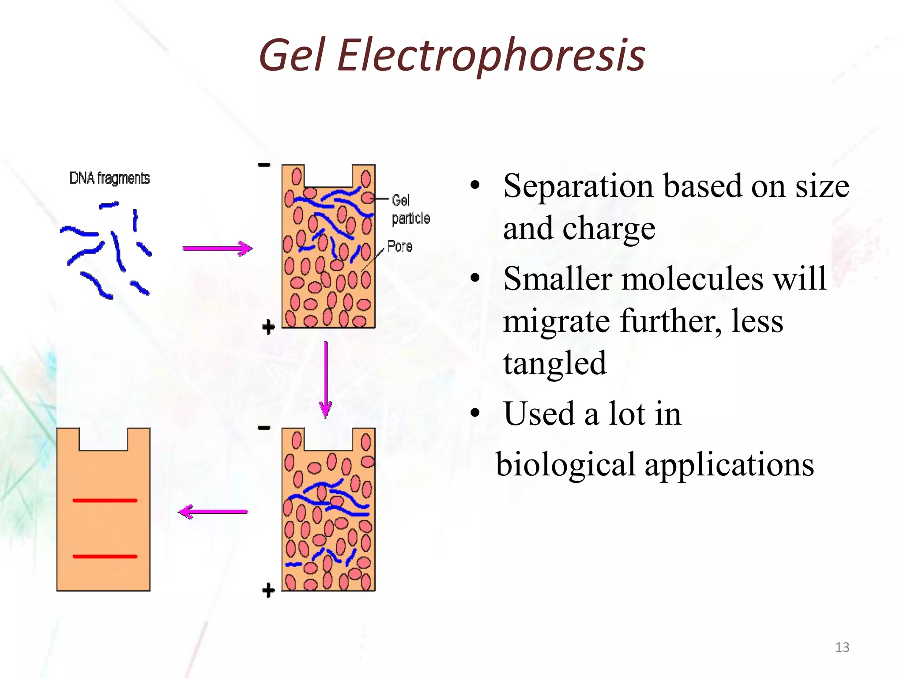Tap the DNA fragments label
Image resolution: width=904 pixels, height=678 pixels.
[109, 178]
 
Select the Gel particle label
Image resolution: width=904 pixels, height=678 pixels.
[410, 210]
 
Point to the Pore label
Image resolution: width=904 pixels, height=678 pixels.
[399, 246]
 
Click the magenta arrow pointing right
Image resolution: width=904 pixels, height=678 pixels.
[217, 249]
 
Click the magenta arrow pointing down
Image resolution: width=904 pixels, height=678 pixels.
[326, 380]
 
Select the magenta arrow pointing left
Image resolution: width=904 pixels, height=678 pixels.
[213, 512]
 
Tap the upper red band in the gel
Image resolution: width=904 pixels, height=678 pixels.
[105, 501]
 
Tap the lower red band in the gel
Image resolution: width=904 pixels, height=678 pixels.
[105, 557]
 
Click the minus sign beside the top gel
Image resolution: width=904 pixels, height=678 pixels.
[264, 165]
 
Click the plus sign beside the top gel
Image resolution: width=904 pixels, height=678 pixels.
[268, 328]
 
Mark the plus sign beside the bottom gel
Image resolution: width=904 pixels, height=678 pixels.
[268, 590]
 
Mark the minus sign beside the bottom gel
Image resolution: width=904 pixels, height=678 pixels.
[264, 428]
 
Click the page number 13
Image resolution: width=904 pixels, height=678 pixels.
[842, 647]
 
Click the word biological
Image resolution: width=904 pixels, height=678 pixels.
[565, 465]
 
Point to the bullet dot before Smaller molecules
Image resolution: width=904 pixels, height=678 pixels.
[475, 279]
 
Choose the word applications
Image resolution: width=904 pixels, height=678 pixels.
[729, 465]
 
